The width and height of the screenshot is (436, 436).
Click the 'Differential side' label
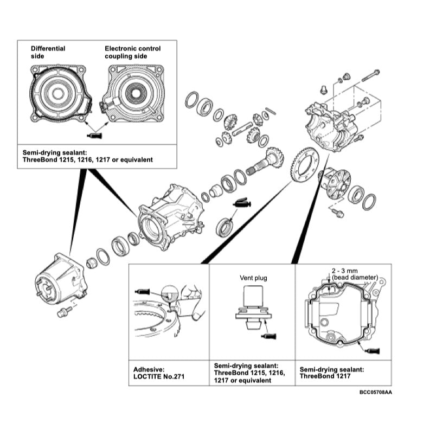pyautogui.click(x=48, y=52)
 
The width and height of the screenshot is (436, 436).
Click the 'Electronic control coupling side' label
pyautogui.click(x=132, y=52)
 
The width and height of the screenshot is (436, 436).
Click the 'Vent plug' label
pyautogui.click(x=254, y=278)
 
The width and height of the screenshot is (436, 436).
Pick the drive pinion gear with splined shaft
pyautogui.click(x=266, y=163)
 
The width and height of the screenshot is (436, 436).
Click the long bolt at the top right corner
pyautogui.click(x=369, y=74)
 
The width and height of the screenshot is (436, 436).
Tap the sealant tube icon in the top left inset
pyautogui.click(x=95, y=134)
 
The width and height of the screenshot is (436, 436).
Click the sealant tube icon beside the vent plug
pyautogui.click(x=269, y=336)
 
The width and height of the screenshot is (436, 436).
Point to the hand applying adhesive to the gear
pyautogui.click(x=190, y=301)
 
